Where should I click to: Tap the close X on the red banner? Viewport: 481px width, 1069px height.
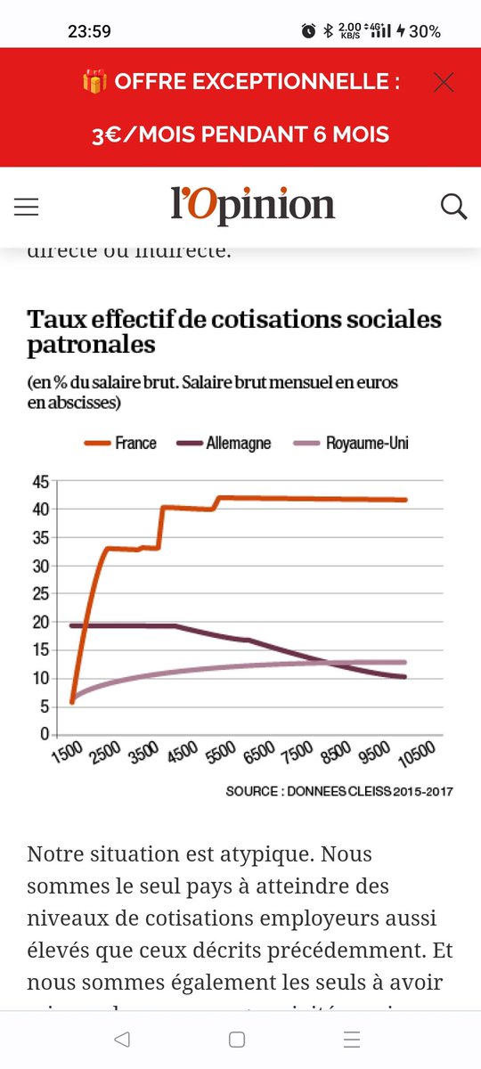pos(443,83)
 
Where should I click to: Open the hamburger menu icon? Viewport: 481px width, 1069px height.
pos(27,208)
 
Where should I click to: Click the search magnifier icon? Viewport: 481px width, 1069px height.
pos(453,207)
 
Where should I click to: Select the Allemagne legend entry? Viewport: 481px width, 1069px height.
pos(238,443)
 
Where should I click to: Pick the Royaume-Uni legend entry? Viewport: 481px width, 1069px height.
pos(366,443)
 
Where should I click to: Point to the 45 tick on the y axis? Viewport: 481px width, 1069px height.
pos(39,482)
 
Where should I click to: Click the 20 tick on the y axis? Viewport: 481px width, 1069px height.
pos(39,622)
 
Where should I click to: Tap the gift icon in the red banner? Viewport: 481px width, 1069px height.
pos(94,82)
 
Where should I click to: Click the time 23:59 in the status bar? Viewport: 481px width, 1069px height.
pos(89,31)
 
